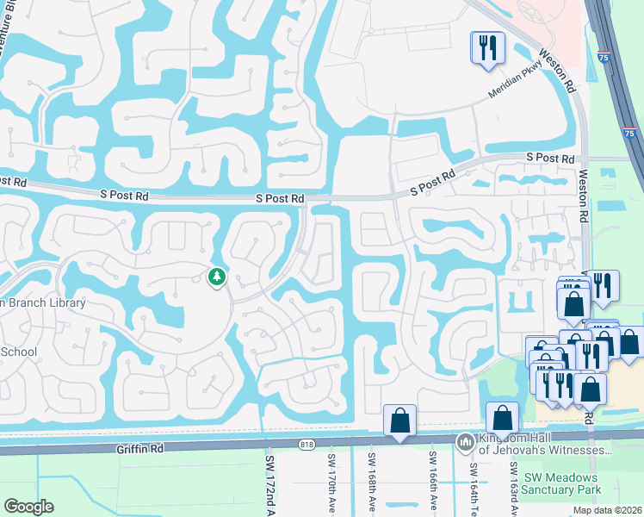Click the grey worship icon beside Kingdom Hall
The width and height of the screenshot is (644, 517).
(465, 440)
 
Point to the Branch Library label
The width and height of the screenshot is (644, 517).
(43, 303)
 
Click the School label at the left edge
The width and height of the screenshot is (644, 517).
(18, 352)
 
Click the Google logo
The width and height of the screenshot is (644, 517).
(28, 506)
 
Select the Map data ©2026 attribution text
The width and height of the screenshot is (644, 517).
(606, 510)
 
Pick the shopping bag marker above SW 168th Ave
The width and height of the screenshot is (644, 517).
(399, 420)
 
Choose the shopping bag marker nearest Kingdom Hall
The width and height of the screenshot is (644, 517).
(502, 418)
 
